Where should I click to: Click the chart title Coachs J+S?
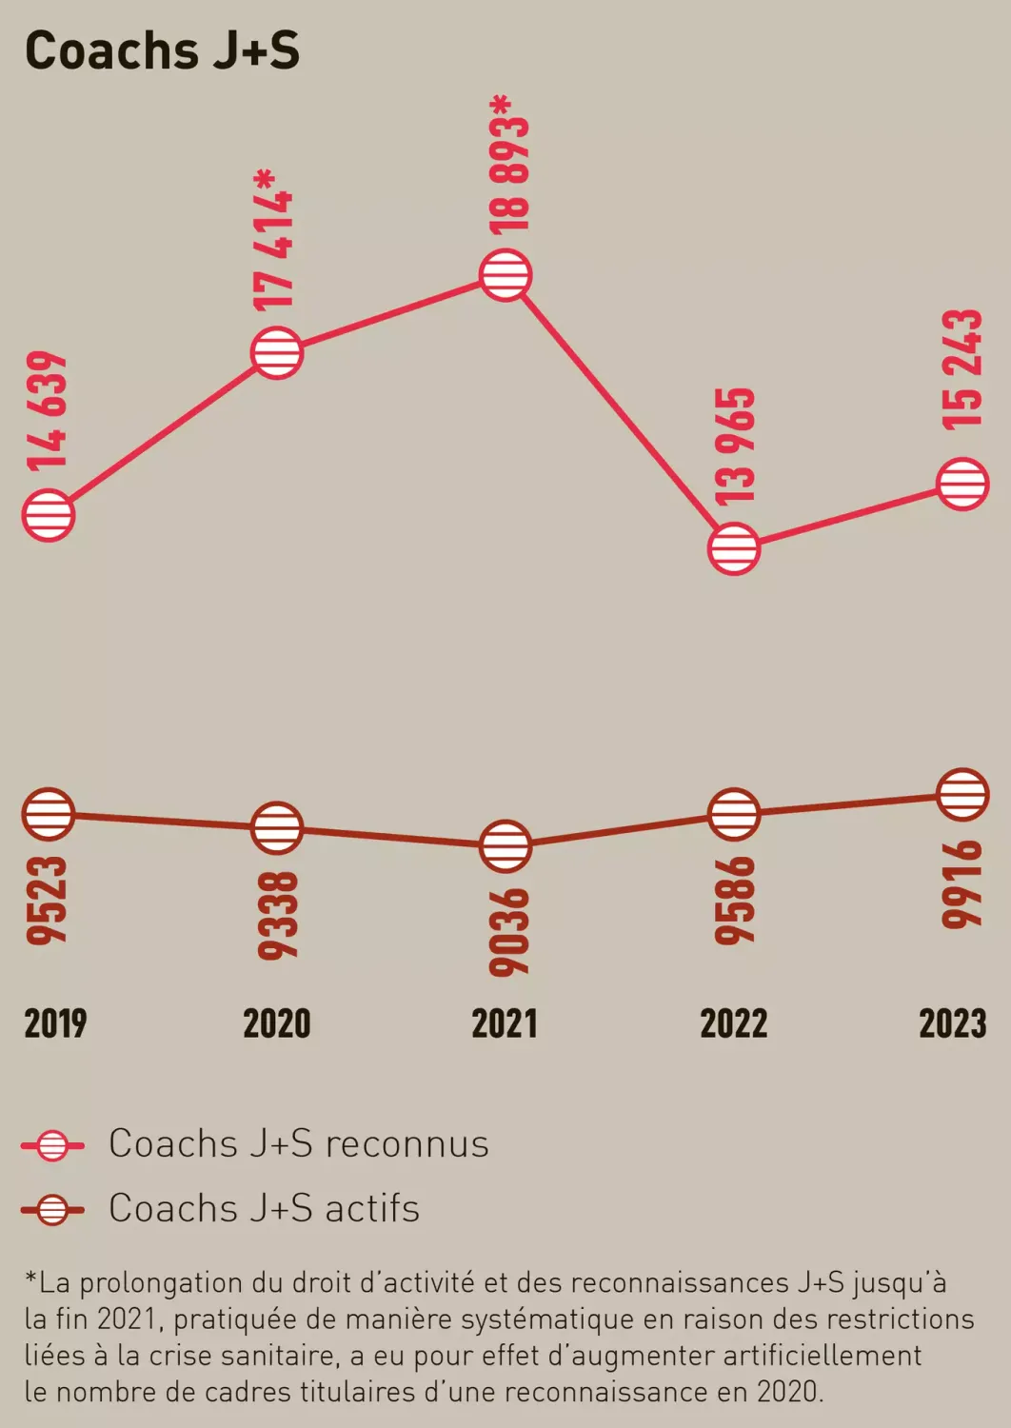click(x=162, y=50)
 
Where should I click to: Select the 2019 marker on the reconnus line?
click(x=48, y=516)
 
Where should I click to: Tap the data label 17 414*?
click(x=274, y=239)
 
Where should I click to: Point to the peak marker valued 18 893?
click(x=506, y=275)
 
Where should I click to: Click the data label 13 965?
click(x=735, y=446)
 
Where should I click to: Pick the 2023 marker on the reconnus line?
click(x=962, y=484)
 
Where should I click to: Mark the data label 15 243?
click(x=961, y=369)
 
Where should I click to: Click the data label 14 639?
click(x=48, y=411)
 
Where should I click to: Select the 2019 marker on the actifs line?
click(x=48, y=815)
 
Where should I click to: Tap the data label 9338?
click(x=277, y=915)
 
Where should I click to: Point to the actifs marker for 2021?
click(x=505, y=845)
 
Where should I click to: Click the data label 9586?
click(x=735, y=901)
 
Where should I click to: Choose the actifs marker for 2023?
click(x=962, y=794)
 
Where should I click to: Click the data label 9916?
click(x=961, y=883)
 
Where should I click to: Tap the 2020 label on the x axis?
click(x=277, y=1023)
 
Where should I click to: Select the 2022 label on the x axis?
click(x=733, y=1023)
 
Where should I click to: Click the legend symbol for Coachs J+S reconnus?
click(x=52, y=1144)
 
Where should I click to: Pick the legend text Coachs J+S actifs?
click(x=264, y=1208)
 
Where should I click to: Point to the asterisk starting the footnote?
click(x=30, y=1279)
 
